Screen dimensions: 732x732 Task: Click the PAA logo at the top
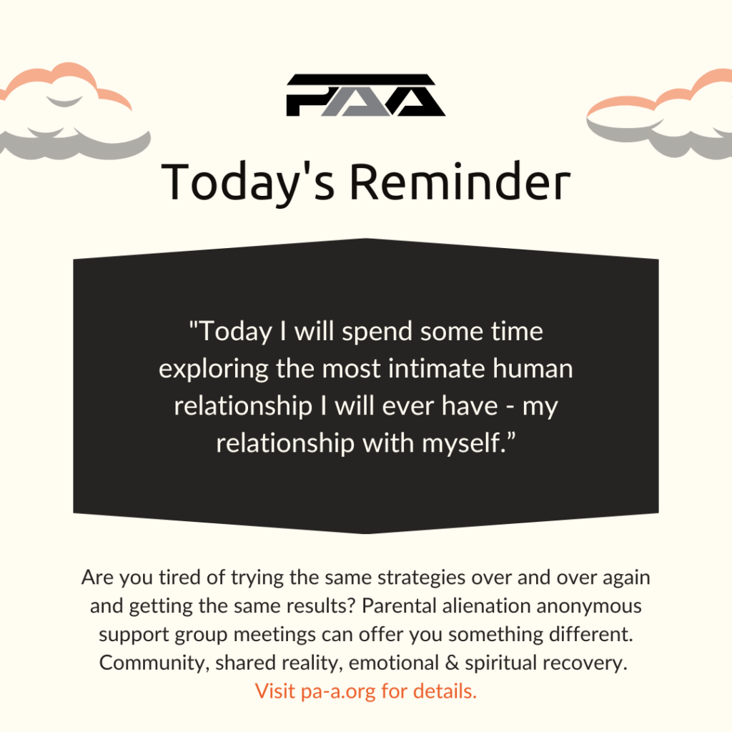coord(365,95)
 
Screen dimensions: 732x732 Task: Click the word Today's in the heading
coord(248,182)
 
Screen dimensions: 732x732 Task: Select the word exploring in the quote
coord(213,370)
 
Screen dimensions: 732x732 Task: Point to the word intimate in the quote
coord(437,368)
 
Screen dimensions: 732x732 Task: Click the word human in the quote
coord(533,368)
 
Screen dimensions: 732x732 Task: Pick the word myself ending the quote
coord(461,443)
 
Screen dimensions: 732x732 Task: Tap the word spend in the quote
coord(377,332)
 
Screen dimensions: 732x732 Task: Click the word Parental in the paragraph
coord(398,606)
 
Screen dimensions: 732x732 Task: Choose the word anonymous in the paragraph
coord(589,607)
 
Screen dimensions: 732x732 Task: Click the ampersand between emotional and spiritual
coord(452,663)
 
